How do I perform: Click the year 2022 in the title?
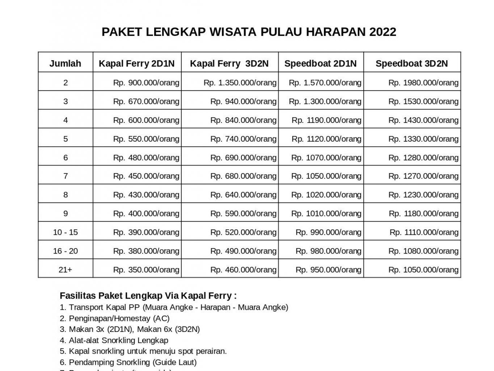coord(383,32)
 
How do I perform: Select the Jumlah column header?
coord(65,64)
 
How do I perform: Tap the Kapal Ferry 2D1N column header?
coord(136,64)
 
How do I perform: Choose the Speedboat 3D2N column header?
coord(411,64)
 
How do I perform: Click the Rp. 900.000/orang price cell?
coord(146,83)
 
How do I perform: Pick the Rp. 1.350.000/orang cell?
coord(240,83)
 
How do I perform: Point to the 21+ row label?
coord(65,270)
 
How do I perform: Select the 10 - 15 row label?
coord(65,232)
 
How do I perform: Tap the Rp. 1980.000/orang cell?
coord(423,83)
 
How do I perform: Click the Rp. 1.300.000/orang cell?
coord(325,101)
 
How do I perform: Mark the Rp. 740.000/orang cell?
coord(243,139)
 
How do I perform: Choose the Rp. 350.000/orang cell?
coord(146,270)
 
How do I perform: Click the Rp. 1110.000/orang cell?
coord(424,232)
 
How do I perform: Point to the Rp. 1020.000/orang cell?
coord(326,195)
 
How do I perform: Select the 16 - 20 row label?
coord(65,251)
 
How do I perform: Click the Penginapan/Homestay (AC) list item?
coord(114,318)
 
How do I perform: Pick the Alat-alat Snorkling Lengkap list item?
coord(114,340)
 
